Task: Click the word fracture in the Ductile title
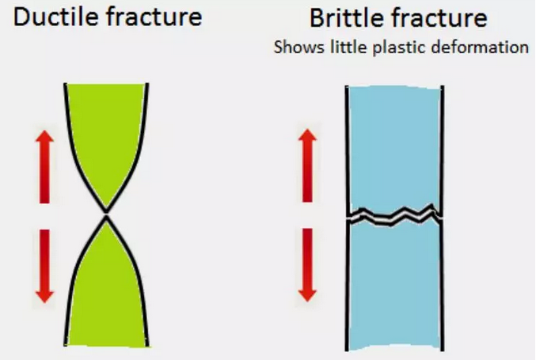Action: (x=154, y=17)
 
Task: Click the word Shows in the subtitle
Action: (x=299, y=47)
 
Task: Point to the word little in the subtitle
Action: (x=349, y=47)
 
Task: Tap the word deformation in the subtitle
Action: (x=480, y=47)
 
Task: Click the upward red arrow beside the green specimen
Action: (x=45, y=166)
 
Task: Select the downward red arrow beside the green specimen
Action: (x=45, y=267)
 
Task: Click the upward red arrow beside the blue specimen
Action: (x=308, y=165)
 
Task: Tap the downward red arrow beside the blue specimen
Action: (x=308, y=265)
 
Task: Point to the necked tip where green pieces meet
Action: (x=106, y=215)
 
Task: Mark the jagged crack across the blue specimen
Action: (x=395, y=216)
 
